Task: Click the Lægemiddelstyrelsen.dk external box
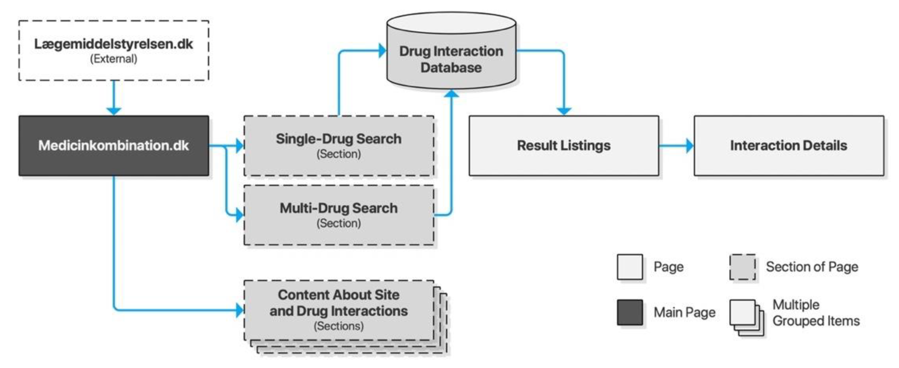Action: coord(114,50)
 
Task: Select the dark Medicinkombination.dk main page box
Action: coord(114,146)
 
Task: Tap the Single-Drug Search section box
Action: coord(339,146)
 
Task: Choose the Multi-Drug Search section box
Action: coord(339,215)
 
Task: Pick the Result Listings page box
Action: coord(564,146)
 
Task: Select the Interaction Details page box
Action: coord(789,146)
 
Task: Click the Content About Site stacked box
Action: coord(339,310)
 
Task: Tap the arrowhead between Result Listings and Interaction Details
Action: coord(690,146)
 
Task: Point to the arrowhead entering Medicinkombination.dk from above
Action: coord(114,111)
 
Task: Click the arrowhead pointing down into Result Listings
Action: coord(564,111)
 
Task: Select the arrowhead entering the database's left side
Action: coord(382,51)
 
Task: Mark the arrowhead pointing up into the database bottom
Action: coord(452,94)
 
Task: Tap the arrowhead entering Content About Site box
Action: coord(240,310)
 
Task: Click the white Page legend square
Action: coord(630,267)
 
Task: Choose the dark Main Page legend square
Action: coord(630,312)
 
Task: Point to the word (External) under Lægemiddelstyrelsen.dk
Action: coord(114,59)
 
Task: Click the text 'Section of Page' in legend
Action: coord(812,267)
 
